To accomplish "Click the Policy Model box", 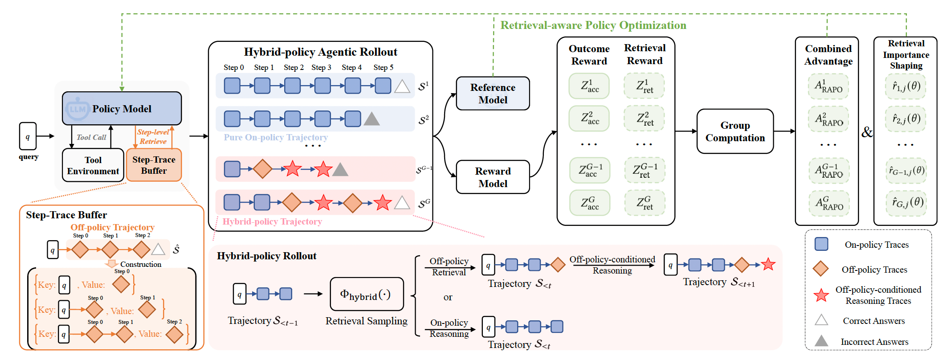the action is [x=122, y=108].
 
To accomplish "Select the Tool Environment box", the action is [x=93, y=165].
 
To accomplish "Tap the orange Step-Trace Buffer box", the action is [x=154, y=165].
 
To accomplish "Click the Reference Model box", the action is [x=493, y=94].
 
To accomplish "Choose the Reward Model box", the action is [x=493, y=177].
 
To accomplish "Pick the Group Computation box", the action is [x=735, y=131].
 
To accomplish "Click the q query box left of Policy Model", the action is [x=28, y=136].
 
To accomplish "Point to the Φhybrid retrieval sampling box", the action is [x=367, y=294].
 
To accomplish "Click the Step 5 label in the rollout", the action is [x=383, y=67].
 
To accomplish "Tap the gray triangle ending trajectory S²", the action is [x=371, y=119].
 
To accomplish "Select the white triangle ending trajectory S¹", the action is [x=402, y=86].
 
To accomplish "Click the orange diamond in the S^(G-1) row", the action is [x=262, y=169].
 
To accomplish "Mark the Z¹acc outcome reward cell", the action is [x=589, y=86].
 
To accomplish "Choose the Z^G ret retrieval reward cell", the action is [x=645, y=203].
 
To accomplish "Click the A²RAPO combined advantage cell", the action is [x=829, y=119].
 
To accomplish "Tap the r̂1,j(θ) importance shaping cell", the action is [x=906, y=86].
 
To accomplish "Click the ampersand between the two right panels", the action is [x=867, y=132].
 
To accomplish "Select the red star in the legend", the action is [x=821, y=295].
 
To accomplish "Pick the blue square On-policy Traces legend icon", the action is [x=821, y=244].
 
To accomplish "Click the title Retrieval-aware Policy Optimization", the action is [x=593, y=25].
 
